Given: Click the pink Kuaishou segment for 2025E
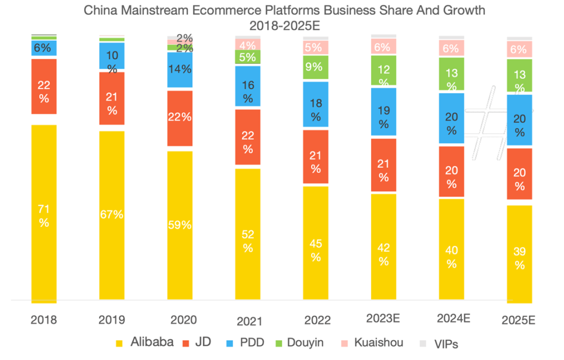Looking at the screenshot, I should coord(519,49).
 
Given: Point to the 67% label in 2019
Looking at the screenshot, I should coord(112,215).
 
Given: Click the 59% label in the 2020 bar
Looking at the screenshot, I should coord(180,225).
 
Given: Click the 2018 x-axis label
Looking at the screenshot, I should coord(44,320).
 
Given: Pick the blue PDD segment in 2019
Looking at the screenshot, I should coord(112,55).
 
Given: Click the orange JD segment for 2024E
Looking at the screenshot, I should coord(452,171).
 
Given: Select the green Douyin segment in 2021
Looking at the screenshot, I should coord(248,57).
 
